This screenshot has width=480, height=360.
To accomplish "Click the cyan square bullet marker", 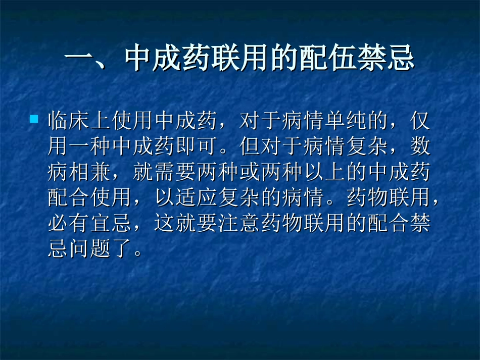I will pos(34,120).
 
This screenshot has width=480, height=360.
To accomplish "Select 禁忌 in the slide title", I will pos(400,59).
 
